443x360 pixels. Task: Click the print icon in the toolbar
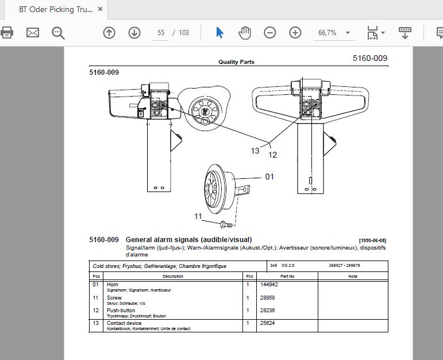pyautogui.click(x=7, y=33)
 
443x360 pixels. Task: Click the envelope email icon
pyautogui.click(x=33, y=33)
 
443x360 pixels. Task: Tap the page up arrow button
pyautogui.click(x=109, y=33)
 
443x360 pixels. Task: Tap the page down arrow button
pyautogui.click(x=134, y=33)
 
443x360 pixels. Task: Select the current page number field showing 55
pyautogui.click(x=161, y=33)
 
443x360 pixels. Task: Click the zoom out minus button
pyautogui.click(x=270, y=33)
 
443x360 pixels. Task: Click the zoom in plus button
pyautogui.click(x=295, y=33)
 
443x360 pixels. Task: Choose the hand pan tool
pyautogui.click(x=245, y=33)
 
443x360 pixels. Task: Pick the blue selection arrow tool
pyautogui.click(x=219, y=33)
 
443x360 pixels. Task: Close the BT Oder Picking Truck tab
pyautogui.click(x=100, y=9)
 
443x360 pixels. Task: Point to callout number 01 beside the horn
pyautogui.click(x=269, y=177)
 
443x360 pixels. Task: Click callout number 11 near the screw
pyautogui.click(x=198, y=216)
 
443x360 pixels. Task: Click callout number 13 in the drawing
pyautogui.click(x=255, y=151)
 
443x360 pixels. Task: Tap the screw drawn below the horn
pyautogui.click(x=226, y=224)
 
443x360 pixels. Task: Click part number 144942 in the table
pyautogui.click(x=269, y=285)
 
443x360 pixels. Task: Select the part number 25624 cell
pyautogui.click(x=267, y=323)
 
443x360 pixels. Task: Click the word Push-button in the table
pyautogui.click(x=121, y=310)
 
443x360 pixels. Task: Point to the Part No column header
pyautogui.click(x=287, y=276)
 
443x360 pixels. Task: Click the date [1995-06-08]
pyautogui.click(x=372, y=240)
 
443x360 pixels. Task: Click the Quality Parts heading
pyautogui.click(x=236, y=62)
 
